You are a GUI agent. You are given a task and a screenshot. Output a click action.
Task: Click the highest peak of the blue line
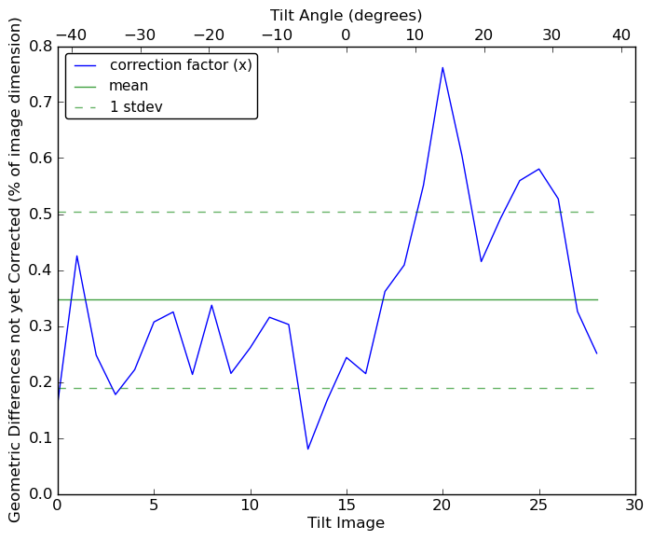tap(442, 67)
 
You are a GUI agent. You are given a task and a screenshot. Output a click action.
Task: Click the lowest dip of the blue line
tap(307, 450)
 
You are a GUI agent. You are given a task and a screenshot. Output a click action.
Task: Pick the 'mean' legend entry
tap(129, 86)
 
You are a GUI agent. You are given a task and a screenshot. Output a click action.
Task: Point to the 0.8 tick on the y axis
tap(40, 47)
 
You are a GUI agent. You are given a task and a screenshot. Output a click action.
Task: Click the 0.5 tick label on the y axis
tap(40, 215)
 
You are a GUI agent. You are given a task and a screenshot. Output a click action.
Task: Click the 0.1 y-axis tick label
tap(40, 438)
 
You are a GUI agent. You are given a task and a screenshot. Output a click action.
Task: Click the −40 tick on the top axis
tap(71, 35)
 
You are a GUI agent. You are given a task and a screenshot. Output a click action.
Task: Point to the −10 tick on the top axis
tap(277, 35)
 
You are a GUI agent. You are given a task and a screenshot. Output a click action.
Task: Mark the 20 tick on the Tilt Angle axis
tap(483, 35)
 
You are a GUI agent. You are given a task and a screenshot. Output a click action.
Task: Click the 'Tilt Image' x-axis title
tap(346, 523)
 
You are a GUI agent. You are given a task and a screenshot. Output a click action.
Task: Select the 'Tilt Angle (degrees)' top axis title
tap(346, 15)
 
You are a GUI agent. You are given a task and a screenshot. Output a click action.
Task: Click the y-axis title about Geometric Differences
tap(15, 270)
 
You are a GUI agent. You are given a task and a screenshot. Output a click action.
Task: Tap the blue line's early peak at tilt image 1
tap(77, 256)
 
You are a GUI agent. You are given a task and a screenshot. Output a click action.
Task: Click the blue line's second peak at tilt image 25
tap(538, 169)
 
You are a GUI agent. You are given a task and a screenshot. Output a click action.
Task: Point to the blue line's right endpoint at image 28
tap(597, 353)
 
